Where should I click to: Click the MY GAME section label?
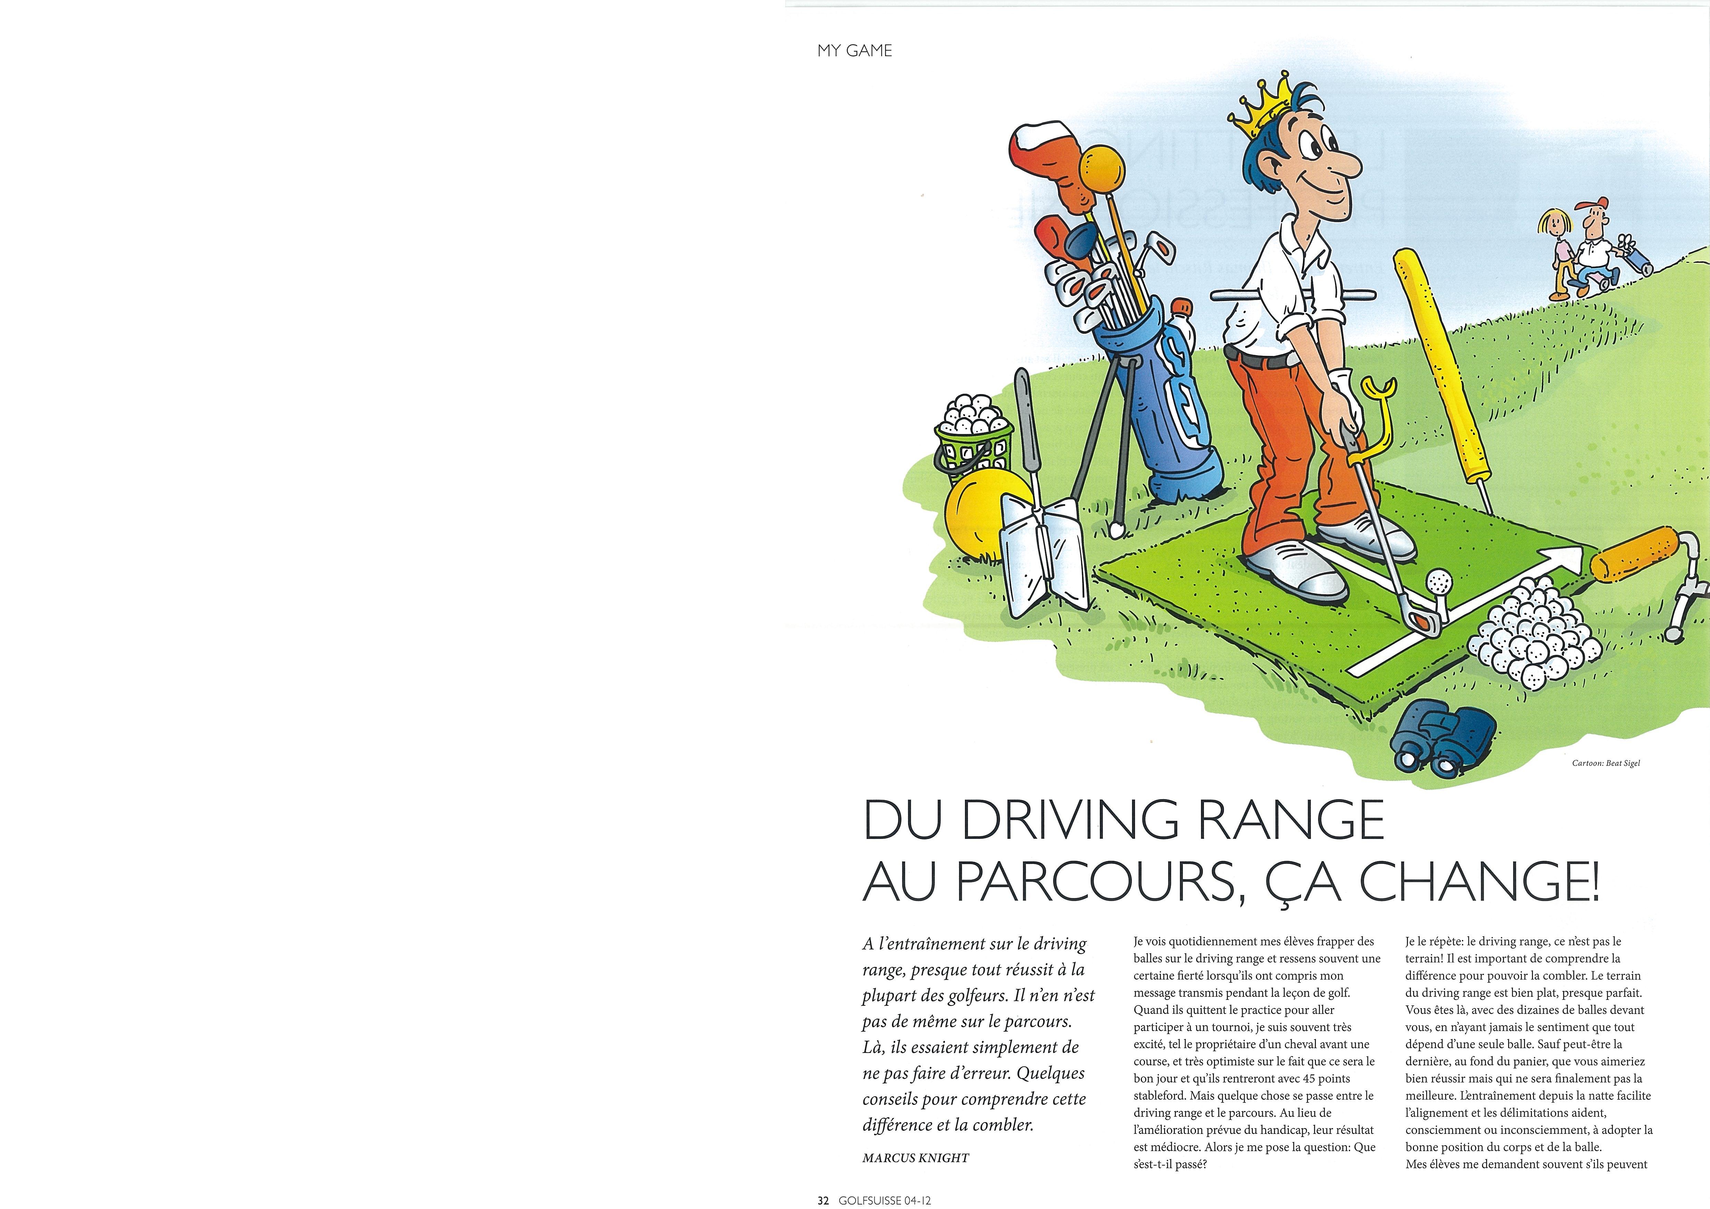(x=854, y=51)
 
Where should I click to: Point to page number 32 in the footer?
(x=822, y=1200)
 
